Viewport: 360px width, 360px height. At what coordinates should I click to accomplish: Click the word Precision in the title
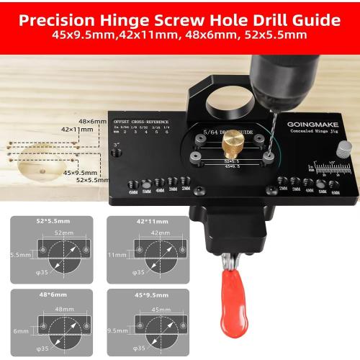(x=57, y=18)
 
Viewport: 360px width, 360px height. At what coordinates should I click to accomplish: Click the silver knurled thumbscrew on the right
(x=347, y=150)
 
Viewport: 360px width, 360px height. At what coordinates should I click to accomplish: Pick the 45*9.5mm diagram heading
(x=147, y=295)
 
